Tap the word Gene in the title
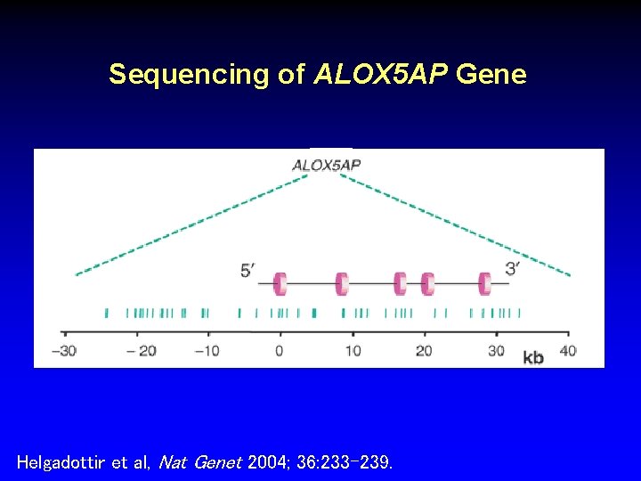tap(491, 75)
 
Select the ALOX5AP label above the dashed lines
tap(327, 165)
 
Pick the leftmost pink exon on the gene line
tap(280, 284)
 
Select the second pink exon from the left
tap(341, 284)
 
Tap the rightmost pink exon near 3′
tap(484, 284)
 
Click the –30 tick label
tap(63, 350)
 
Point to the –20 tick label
tap(141, 350)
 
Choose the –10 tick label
tap(207, 350)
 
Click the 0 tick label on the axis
tap(280, 350)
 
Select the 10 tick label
tap(353, 350)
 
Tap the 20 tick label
tap(424, 350)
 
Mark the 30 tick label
tap(496, 350)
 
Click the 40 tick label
tap(567, 350)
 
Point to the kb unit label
tap(533, 357)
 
